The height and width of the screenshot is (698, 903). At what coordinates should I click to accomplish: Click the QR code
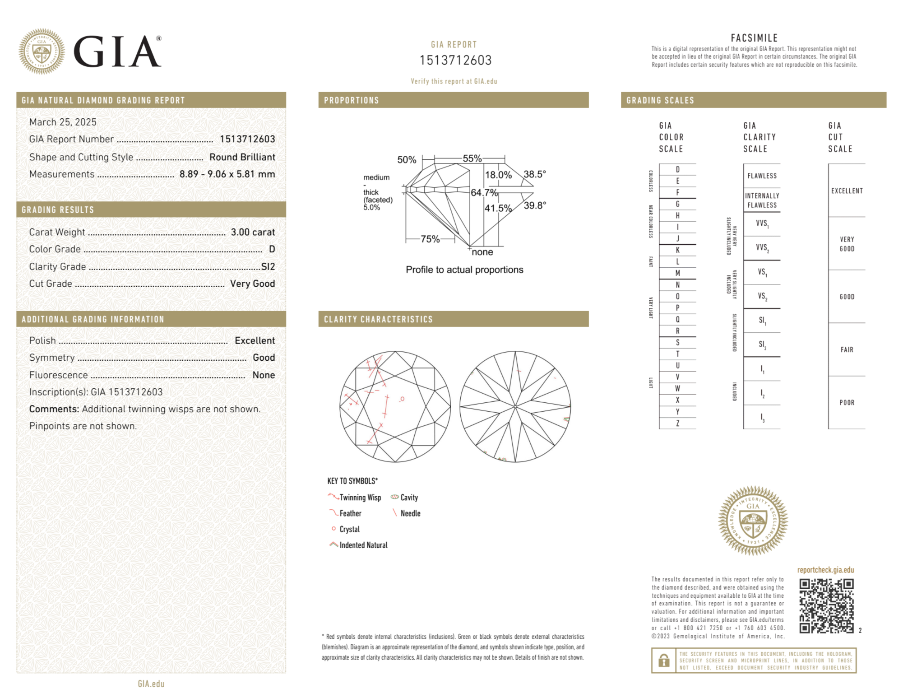coord(826,606)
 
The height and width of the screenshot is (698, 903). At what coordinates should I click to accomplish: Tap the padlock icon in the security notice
coord(663,660)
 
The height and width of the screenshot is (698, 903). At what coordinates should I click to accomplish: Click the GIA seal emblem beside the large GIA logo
coord(42,51)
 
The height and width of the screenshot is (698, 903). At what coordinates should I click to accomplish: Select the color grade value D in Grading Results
coord(272,249)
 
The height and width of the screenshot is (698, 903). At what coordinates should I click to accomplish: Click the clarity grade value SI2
coord(268,266)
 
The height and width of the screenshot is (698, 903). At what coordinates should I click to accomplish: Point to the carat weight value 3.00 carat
coord(253,232)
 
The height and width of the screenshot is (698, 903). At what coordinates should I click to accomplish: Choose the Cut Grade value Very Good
coord(252,284)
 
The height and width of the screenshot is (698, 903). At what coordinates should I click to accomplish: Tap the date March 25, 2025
coord(63,122)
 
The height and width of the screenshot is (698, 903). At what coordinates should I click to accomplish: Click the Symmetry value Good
coord(264,358)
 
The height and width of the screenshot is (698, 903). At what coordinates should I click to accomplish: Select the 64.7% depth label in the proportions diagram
coord(484,193)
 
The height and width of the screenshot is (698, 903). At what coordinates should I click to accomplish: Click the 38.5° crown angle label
coord(534,174)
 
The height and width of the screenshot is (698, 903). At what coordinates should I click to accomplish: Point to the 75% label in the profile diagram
coord(430,239)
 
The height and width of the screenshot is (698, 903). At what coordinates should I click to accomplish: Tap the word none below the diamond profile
coord(482,252)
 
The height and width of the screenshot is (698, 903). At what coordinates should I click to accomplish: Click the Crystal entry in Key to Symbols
coord(349,529)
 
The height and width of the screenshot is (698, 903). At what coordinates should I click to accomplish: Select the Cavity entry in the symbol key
coord(409,498)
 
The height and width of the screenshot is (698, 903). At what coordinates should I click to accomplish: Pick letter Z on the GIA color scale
coord(677,423)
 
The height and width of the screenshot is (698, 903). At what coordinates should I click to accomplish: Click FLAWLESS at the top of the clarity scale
coord(762,176)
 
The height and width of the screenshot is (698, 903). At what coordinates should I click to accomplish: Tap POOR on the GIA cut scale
coord(847,402)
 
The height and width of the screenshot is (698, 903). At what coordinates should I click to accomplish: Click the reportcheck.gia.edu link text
coord(825,570)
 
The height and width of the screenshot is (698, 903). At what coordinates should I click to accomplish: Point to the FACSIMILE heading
coord(754,38)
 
